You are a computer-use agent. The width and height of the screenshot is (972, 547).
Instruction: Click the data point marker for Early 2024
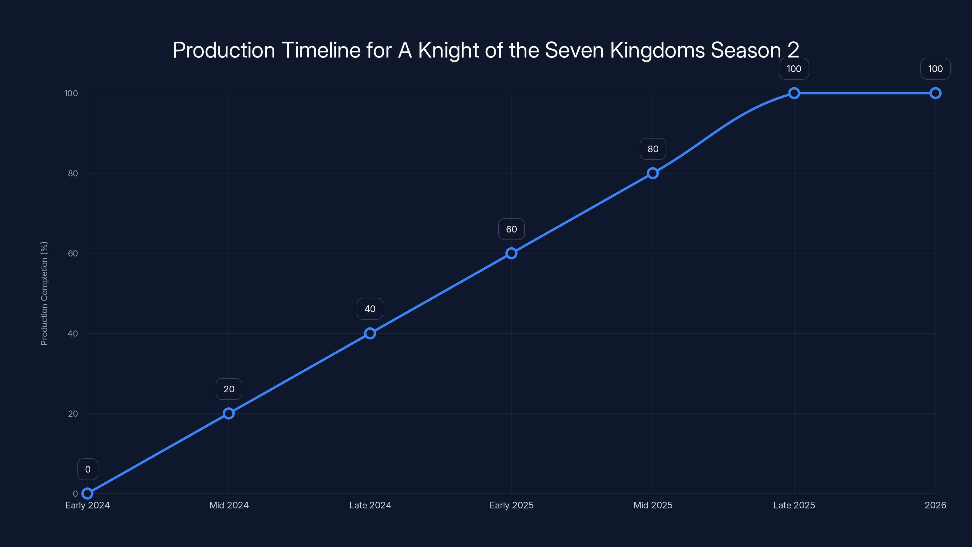pyautogui.click(x=87, y=494)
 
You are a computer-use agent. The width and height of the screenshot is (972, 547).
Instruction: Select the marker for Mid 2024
pyautogui.click(x=229, y=413)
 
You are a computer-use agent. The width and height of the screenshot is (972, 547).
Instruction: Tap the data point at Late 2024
pyautogui.click(x=370, y=333)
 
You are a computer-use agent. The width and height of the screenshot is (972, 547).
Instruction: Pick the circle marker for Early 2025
pyautogui.click(x=511, y=253)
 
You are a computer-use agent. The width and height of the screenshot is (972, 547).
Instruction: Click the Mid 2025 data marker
pyautogui.click(x=653, y=173)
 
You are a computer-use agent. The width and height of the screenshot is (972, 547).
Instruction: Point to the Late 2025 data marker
pyautogui.click(x=794, y=93)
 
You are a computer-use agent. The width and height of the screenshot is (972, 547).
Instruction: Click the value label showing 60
pyautogui.click(x=511, y=229)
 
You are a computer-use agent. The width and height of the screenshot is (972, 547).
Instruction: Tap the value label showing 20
pyautogui.click(x=229, y=389)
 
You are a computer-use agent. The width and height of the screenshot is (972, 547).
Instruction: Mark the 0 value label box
pyautogui.click(x=87, y=469)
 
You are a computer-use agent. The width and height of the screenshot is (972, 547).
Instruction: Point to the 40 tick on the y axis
pyautogui.click(x=73, y=333)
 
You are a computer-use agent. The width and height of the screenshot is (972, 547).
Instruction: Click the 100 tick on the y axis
pyautogui.click(x=71, y=93)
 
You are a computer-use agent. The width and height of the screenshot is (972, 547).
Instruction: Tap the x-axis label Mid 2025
pyautogui.click(x=653, y=505)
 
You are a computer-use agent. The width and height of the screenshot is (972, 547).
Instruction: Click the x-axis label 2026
pyautogui.click(x=935, y=505)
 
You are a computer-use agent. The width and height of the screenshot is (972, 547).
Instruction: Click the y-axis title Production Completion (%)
pyautogui.click(x=44, y=293)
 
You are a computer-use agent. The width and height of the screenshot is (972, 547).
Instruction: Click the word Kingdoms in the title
pyautogui.click(x=657, y=50)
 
